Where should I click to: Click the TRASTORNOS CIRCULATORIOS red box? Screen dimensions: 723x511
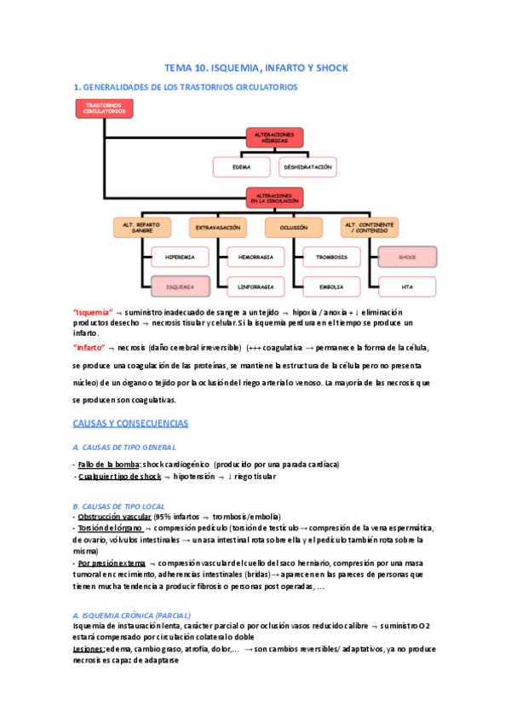coord(105,109)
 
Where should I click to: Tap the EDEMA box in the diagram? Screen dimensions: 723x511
coord(241,167)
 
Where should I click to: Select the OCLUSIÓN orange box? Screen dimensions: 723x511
coord(294,228)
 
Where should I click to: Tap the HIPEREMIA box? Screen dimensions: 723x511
coord(180,256)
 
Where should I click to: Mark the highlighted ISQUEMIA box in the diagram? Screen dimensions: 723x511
coord(180,286)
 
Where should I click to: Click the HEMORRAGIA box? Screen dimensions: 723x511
coord(255,256)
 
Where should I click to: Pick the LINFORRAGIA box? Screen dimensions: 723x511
coord(255,286)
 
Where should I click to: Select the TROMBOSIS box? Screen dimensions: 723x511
coord(330,256)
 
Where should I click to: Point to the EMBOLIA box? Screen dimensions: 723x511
coord(330,286)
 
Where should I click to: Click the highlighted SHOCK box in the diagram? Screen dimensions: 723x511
coord(406,256)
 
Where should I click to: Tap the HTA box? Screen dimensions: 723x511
coord(406,286)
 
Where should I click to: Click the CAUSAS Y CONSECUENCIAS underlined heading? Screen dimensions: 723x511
coord(130,423)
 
